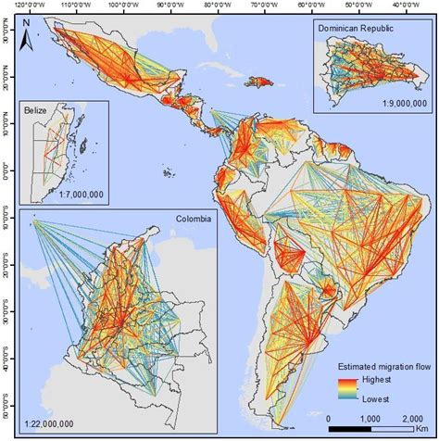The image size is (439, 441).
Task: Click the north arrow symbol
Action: pyautogui.click(x=28, y=38)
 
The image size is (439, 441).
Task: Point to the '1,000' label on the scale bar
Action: pyautogui.click(x=363, y=418)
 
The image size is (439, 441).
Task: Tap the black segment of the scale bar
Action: pyautogui.click(x=345, y=429)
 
